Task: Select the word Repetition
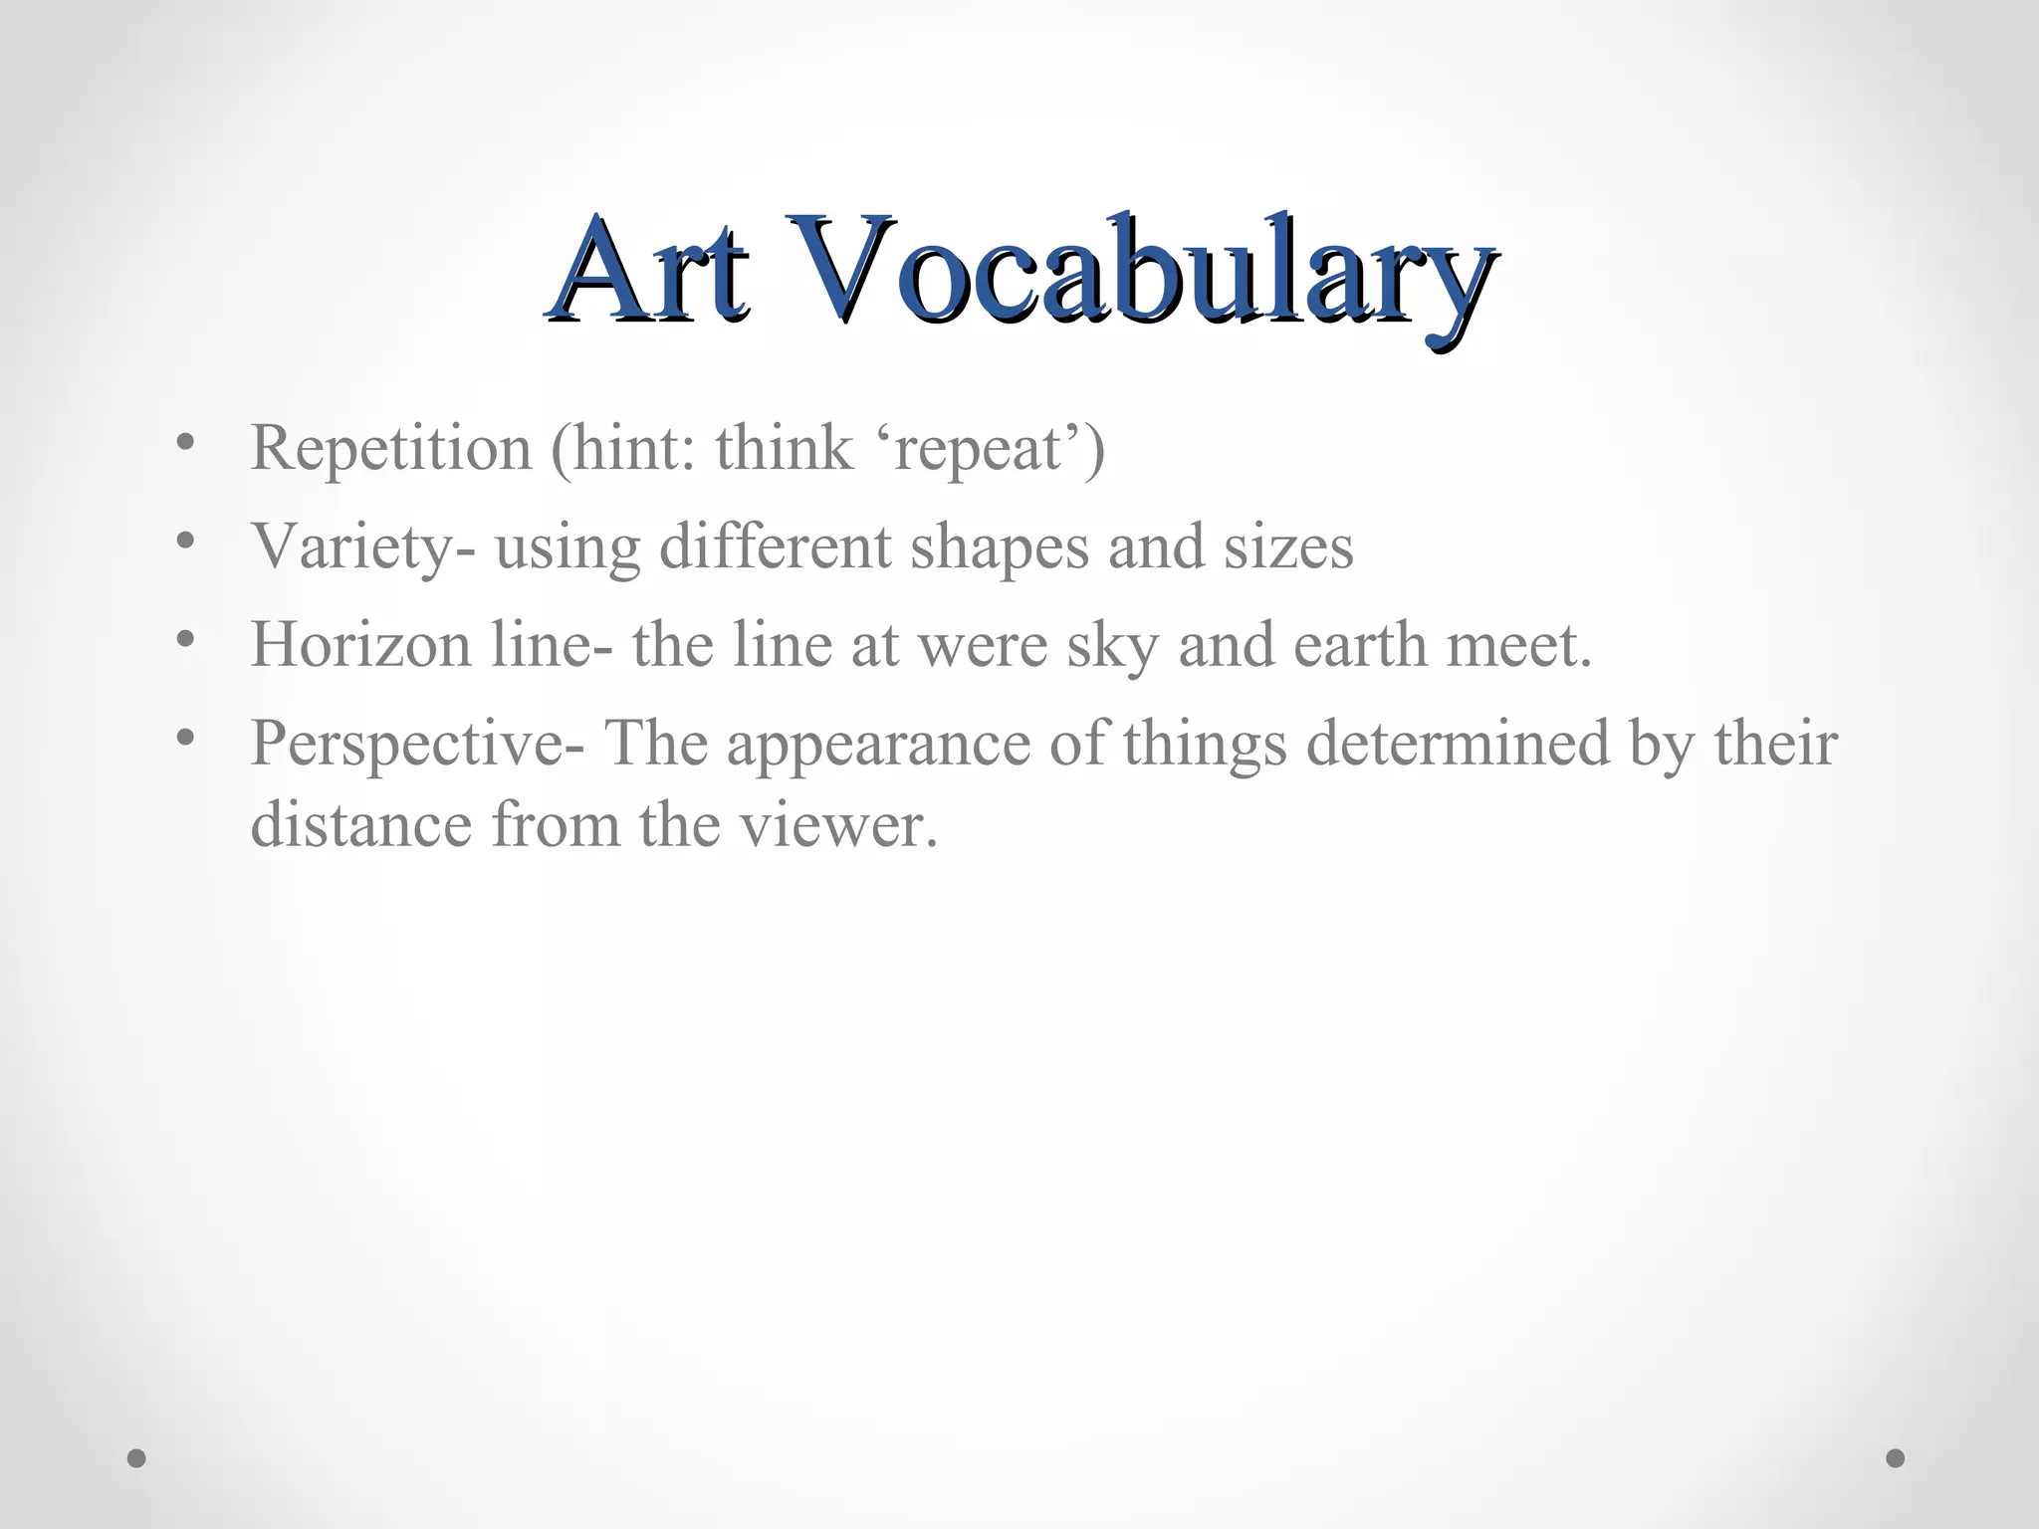391,448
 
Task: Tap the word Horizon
360,644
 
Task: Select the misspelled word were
982,644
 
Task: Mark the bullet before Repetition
182,443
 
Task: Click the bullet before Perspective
182,738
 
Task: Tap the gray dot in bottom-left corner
137,1458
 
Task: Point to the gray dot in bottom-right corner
1896,1458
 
